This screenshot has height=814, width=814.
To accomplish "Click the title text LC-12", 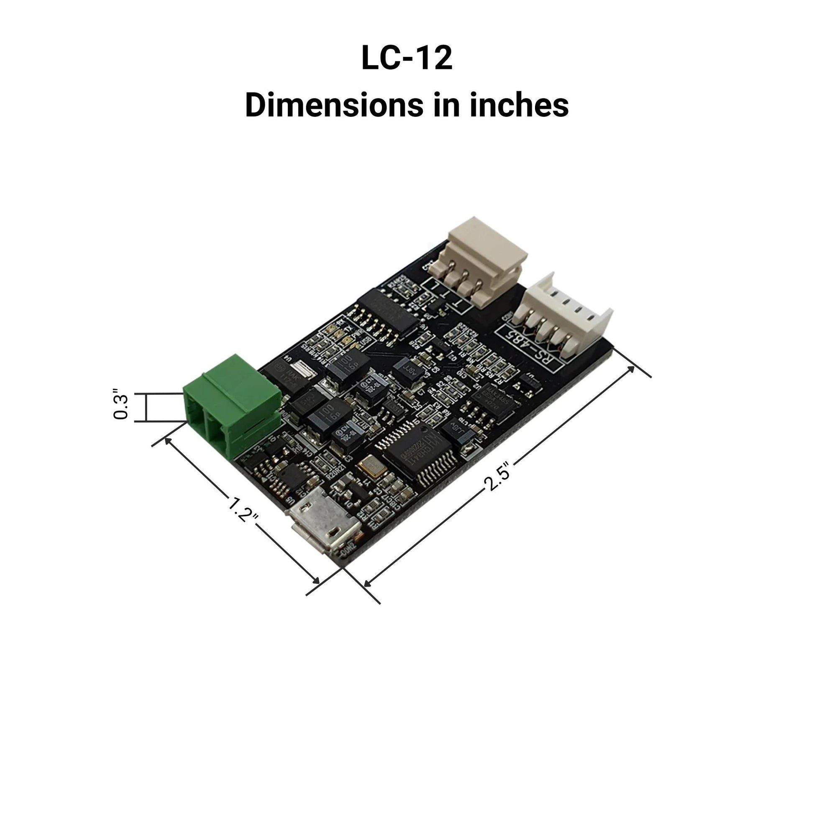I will coord(407,58).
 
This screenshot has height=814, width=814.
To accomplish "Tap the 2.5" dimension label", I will coord(500,476).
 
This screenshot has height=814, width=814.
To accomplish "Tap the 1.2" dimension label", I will coord(243,509).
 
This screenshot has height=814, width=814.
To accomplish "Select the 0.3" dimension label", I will coord(121,407).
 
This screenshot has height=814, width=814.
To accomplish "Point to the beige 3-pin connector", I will coord(484,261).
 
